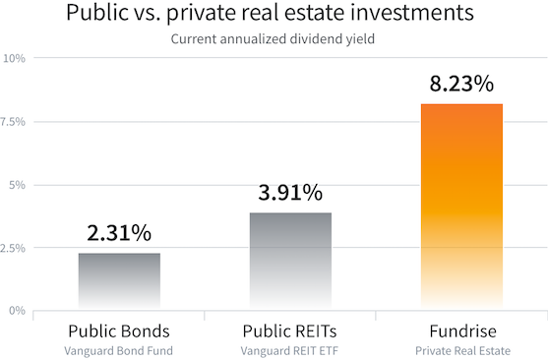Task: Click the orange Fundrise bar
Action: point(461,207)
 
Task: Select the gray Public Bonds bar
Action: point(119,281)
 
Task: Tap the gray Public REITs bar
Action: point(290,261)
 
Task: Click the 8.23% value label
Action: point(461,85)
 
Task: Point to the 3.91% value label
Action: point(290,194)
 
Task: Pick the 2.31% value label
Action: point(119,234)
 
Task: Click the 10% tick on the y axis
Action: point(16,59)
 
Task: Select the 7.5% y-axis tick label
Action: point(16,122)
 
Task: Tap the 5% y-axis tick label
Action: point(18,185)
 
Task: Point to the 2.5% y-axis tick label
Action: point(16,248)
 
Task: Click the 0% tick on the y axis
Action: point(18,311)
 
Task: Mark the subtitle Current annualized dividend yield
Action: point(274,39)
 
